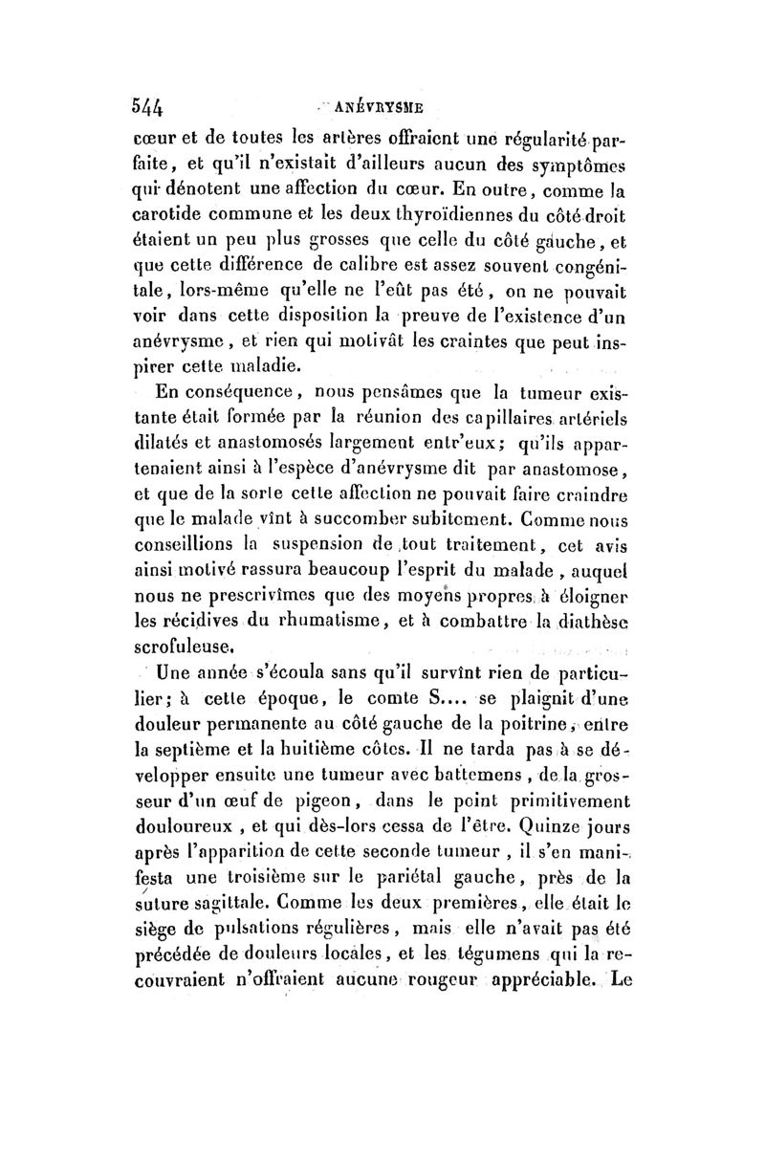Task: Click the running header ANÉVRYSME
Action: point(379,104)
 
